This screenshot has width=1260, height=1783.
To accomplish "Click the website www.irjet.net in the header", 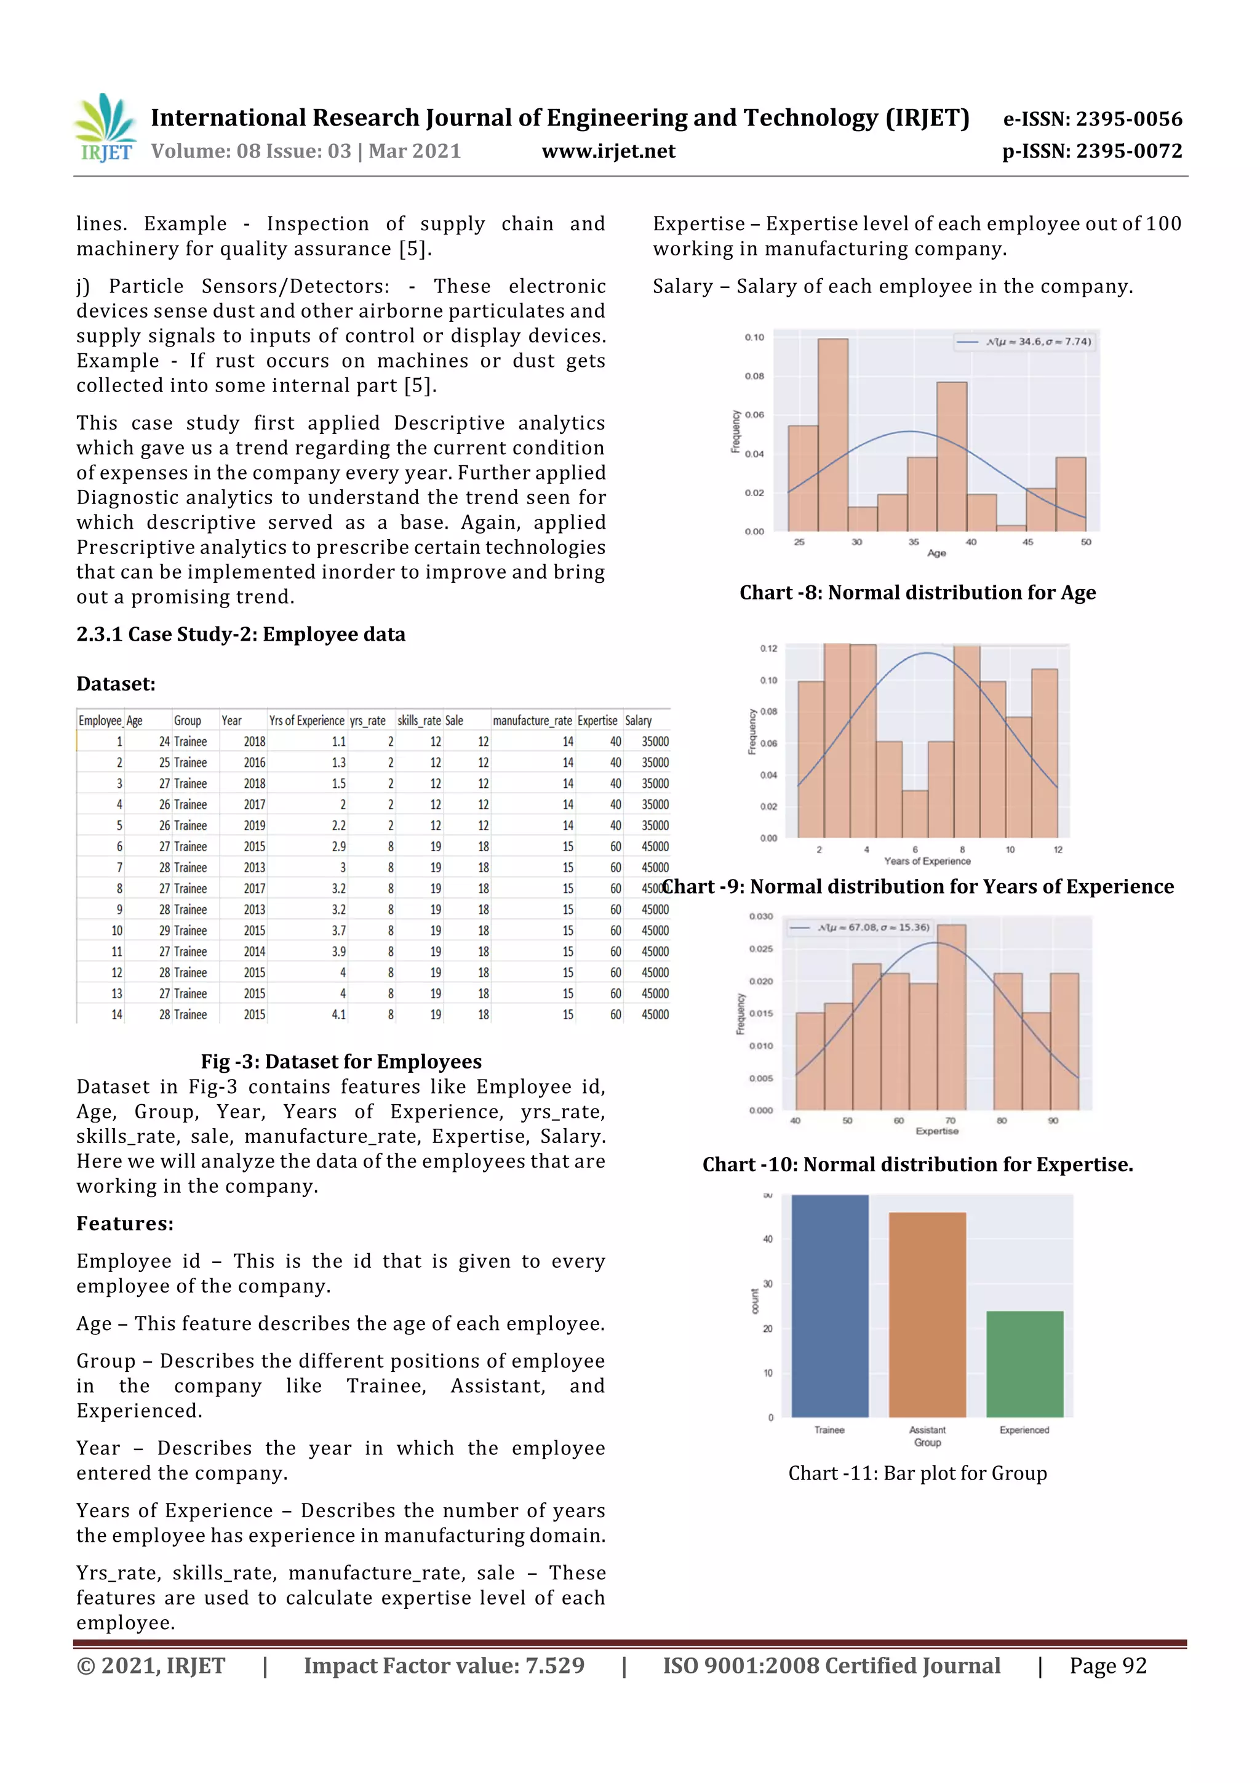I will tap(608, 151).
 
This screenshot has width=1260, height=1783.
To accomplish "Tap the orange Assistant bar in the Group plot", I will tap(927, 1314).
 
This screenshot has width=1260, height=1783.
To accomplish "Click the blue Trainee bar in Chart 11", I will tap(829, 1305).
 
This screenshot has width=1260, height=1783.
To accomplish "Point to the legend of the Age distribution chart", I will tap(1025, 342).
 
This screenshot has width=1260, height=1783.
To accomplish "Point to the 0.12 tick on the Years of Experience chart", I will tap(768, 649).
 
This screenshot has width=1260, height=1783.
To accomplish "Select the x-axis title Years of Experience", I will tap(927, 861).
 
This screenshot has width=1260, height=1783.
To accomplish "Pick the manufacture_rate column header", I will tap(533, 721).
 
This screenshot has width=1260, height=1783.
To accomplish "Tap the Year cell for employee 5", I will tap(254, 825).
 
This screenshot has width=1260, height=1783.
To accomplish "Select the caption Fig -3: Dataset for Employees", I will tap(341, 1062).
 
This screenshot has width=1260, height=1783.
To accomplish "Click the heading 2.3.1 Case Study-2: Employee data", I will tap(241, 635).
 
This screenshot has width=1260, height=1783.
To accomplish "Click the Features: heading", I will tap(125, 1224).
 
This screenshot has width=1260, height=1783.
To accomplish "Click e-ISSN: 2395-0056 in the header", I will tap(1092, 119).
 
